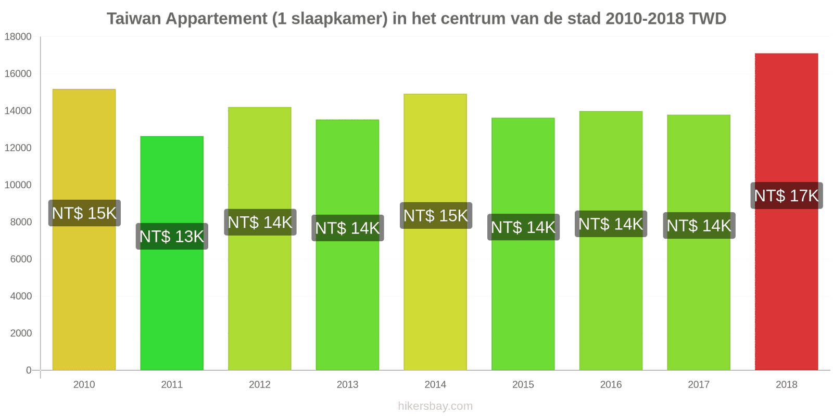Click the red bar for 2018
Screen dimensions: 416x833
tap(786, 291)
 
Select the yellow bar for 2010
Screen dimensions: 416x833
tap(84, 291)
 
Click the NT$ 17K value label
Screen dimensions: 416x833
tap(786, 196)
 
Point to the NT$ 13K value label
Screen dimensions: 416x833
tap(172, 237)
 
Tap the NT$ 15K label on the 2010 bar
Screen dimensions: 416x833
tap(84, 213)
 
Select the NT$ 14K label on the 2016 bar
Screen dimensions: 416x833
tap(611, 224)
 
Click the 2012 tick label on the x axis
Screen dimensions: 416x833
tap(259, 385)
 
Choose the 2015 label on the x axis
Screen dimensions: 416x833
tap(523, 385)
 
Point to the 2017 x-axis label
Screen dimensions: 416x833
tap(698, 385)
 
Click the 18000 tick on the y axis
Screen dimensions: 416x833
tap(18, 37)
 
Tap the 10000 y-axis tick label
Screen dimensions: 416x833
tap(18, 185)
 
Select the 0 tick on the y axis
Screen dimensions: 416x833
tap(29, 370)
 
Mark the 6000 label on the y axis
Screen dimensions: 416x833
tap(21, 259)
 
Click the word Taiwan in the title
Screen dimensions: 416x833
tap(134, 19)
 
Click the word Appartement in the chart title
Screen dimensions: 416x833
tap(217, 19)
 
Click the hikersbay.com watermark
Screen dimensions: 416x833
tap(435, 406)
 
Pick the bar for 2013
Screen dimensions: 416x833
tap(347, 302)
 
